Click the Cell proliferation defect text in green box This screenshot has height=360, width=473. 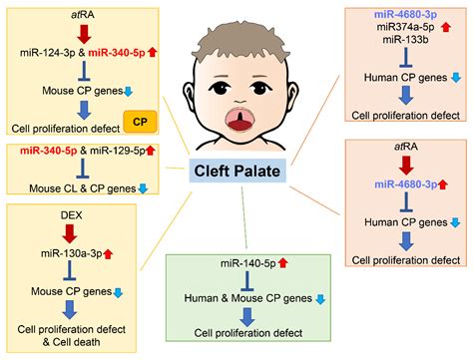point(255,332)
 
